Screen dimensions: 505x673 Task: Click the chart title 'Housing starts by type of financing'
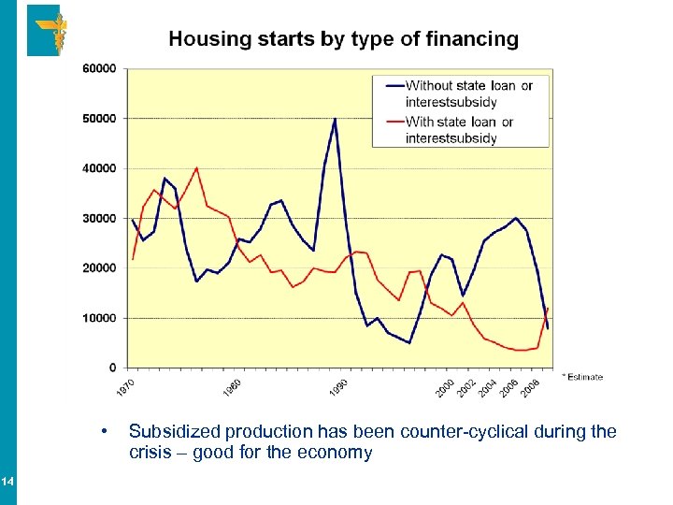pyautogui.click(x=343, y=39)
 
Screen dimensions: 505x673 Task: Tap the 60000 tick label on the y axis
pyautogui.click(x=100, y=68)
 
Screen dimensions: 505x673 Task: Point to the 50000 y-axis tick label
pyautogui.click(x=100, y=119)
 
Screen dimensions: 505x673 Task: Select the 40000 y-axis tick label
pyautogui.click(x=100, y=168)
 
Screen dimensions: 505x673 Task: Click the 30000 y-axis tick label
pyautogui.click(x=100, y=218)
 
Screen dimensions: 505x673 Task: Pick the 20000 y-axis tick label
pyautogui.click(x=100, y=268)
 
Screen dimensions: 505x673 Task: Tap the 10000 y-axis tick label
pyautogui.click(x=100, y=318)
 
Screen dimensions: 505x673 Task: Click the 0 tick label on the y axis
pyautogui.click(x=113, y=368)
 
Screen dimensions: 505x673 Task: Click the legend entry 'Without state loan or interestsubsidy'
pyautogui.click(x=467, y=94)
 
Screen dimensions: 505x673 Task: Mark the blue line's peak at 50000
pyautogui.click(x=335, y=119)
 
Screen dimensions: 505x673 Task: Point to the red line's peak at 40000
pyautogui.click(x=196, y=168)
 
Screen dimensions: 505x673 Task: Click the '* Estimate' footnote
pyautogui.click(x=582, y=377)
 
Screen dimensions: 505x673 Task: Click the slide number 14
pyautogui.click(x=7, y=482)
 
